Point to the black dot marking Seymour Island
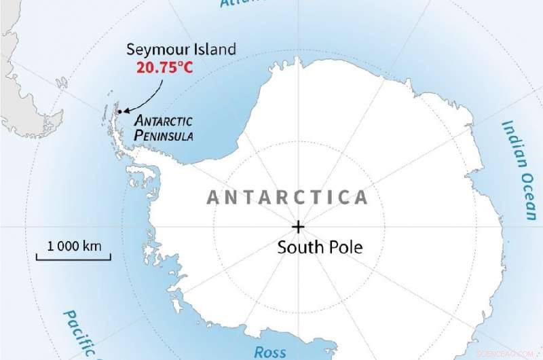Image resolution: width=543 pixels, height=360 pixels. point(119,111)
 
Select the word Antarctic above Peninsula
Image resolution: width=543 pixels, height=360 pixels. point(164,121)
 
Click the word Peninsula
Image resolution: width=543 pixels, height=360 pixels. point(164,135)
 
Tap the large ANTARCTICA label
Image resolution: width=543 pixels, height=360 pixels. point(287,198)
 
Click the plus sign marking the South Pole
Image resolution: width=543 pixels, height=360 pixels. point(298,226)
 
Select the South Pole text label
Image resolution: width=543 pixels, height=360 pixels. point(320,247)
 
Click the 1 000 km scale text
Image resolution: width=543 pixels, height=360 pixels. point(74,245)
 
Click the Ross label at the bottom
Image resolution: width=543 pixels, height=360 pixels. point(269,352)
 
